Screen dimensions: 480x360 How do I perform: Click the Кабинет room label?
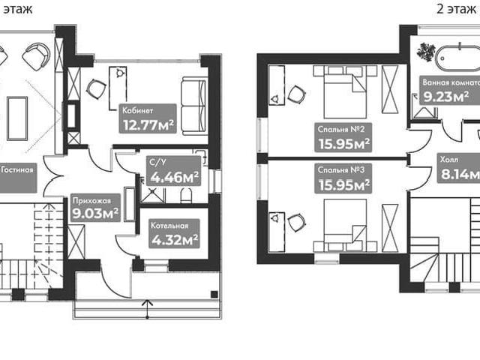pos(137,110)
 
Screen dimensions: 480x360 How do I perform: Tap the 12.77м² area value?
pos(148,124)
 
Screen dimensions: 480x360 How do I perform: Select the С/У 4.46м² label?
pos(173,171)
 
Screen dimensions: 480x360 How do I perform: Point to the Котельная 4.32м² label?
pos(174,233)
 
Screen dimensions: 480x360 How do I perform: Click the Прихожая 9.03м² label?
pos(95,208)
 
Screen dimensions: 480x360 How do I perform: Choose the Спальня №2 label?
pos(341,129)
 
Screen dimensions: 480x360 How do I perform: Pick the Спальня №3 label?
pos(341,169)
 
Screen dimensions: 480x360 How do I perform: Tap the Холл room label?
pos(449,160)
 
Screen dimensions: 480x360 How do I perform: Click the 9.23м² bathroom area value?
pos(446,97)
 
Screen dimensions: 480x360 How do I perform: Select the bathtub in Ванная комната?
pos(457,58)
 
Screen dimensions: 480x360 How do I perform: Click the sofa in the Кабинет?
pos(193,106)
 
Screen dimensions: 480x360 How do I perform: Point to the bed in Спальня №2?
pos(345,91)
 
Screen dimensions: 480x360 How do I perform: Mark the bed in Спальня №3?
pos(345,225)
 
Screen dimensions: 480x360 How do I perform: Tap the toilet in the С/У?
pos(186,196)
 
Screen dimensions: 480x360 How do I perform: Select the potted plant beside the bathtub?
pos(425,51)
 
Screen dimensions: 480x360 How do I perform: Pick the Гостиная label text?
pos(16,169)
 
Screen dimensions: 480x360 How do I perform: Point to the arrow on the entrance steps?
pos(148,309)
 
